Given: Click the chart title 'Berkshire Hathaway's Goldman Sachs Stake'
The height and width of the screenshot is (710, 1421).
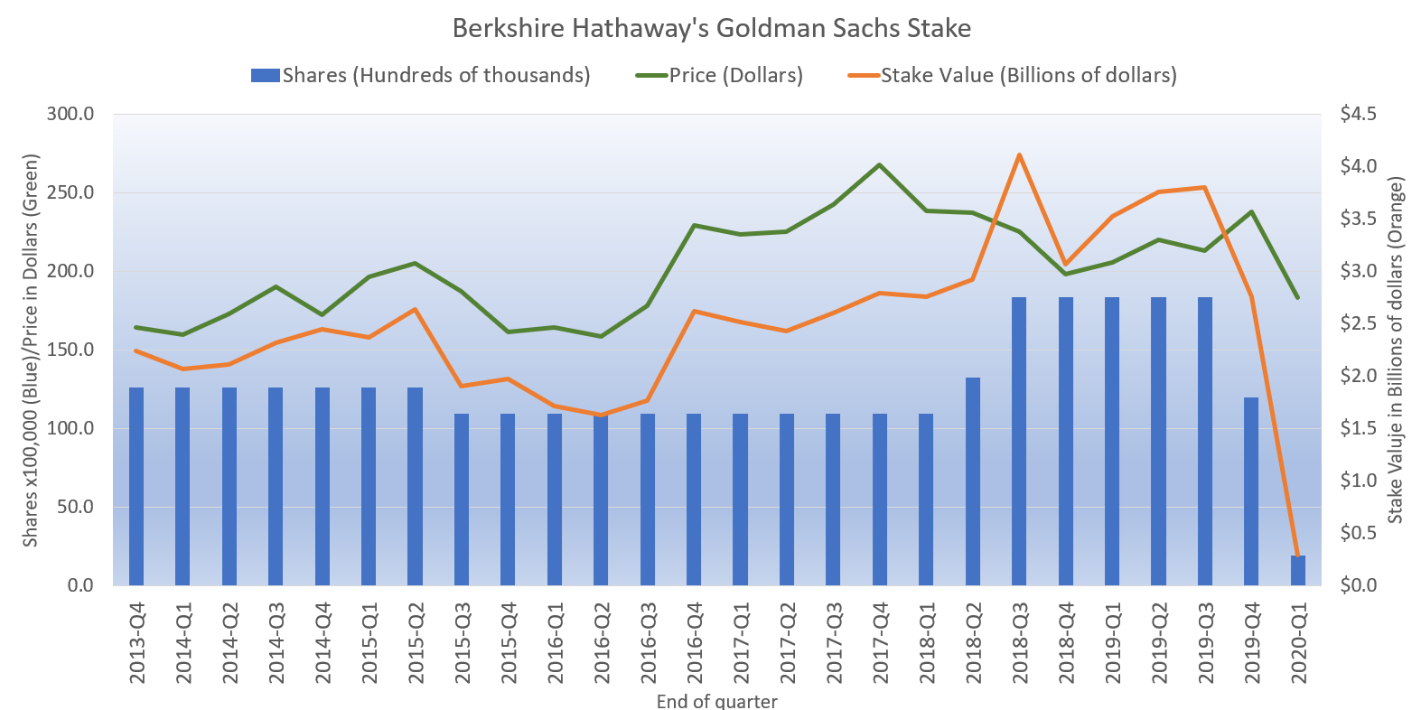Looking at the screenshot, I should (x=711, y=28).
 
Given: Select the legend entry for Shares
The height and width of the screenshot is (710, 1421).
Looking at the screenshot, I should (x=420, y=75).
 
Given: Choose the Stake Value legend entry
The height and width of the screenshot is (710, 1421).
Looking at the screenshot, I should (x=1013, y=75).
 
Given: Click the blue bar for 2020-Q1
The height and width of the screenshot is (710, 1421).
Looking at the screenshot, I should (x=1297, y=571).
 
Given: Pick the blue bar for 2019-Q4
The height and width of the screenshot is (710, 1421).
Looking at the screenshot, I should (x=1251, y=491).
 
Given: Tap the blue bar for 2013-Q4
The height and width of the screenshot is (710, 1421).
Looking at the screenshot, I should (x=136, y=486).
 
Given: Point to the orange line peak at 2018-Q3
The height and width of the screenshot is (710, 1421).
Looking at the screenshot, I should (x=1019, y=154).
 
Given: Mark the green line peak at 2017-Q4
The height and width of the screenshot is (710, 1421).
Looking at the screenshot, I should (x=880, y=164).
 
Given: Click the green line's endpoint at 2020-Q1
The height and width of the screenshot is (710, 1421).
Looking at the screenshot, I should (x=1297, y=297).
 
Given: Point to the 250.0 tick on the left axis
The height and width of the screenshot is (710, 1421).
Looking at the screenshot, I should (x=70, y=192).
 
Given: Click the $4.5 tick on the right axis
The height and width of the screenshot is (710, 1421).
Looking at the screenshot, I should (x=1358, y=114).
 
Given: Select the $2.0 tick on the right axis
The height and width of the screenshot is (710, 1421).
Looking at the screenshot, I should (x=1358, y=376).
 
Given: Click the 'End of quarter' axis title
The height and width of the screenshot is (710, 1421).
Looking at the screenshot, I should (x=716, y=701).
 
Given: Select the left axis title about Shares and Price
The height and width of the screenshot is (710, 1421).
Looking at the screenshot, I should (x=31, y=350).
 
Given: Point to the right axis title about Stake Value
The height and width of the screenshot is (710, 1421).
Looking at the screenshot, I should (x=1396, y=350).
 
